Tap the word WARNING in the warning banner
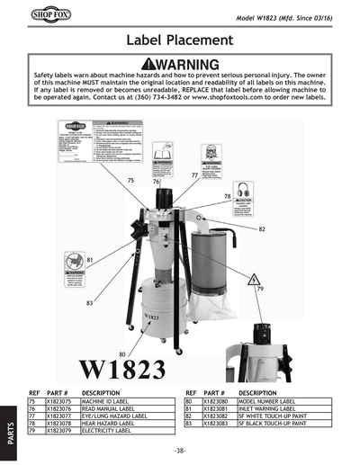[186, 65]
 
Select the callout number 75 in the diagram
[131, 181]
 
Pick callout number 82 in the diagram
[261, 229]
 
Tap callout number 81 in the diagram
[91, 260]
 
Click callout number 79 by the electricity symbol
[260, 291]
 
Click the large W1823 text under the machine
[122, 371]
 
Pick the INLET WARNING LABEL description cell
[270, 409]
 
